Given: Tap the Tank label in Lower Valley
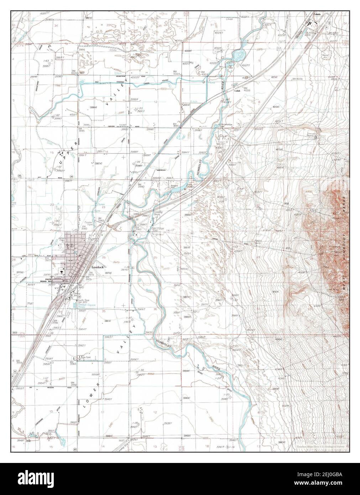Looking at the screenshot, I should [x=87, y=357].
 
